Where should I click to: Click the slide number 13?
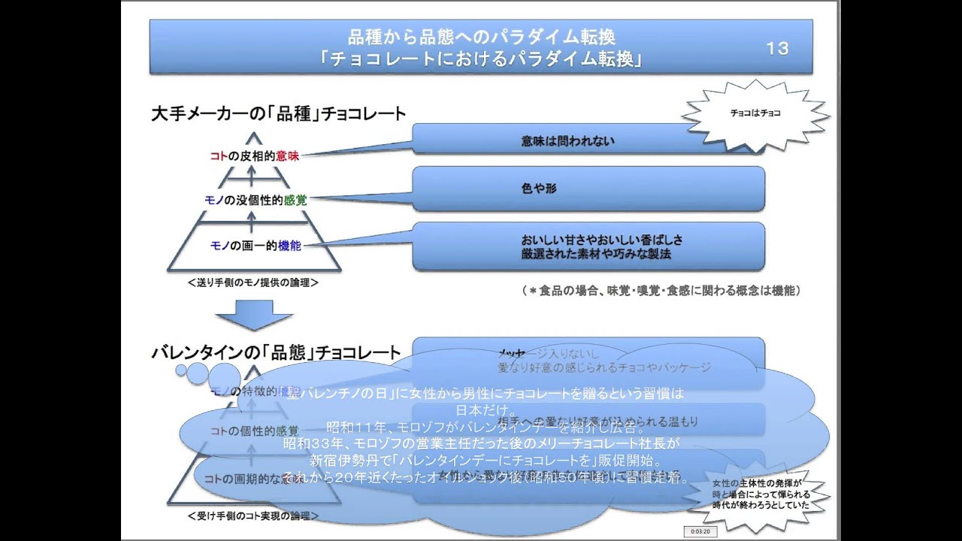777,48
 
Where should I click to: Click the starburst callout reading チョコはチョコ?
755,113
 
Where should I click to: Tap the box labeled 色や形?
588,189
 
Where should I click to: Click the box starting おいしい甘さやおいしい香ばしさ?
588,246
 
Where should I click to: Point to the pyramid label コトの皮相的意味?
255,156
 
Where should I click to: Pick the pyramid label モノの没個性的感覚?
256,200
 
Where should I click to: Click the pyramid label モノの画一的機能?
256,246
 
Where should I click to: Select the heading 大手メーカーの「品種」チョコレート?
278,114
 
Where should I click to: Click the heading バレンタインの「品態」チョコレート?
276,352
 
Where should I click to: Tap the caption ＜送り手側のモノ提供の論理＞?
253,283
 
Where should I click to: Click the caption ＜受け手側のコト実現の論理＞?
253,516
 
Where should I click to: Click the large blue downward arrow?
253,314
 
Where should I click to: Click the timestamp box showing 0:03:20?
700,531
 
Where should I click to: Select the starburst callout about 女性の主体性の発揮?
761,495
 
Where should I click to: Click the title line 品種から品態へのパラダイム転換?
481,36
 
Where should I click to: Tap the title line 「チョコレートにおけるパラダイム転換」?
481,59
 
